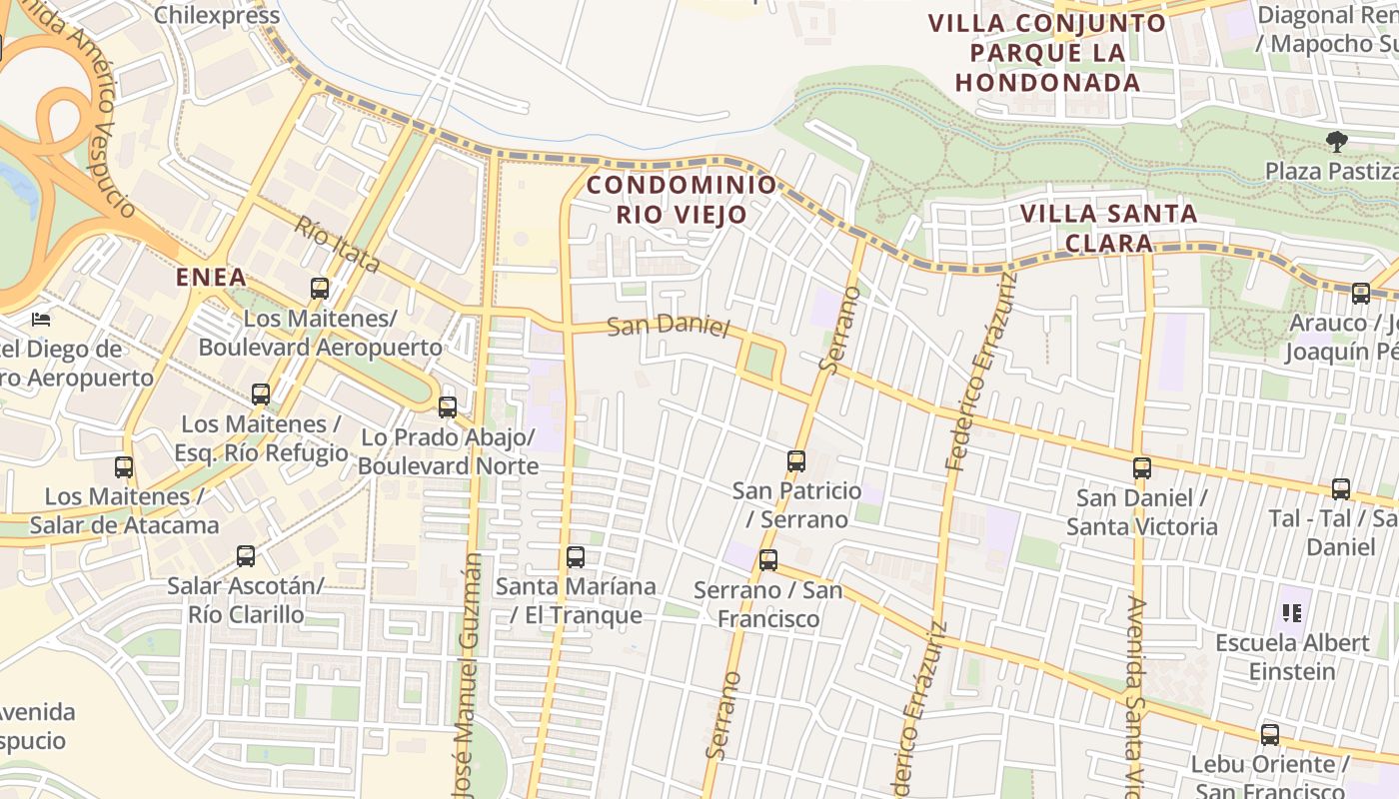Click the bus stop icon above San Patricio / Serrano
[795, 460]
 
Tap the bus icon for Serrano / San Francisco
[767, 560]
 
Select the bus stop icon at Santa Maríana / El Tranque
[576, 557]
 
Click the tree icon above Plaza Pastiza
[1336, 142]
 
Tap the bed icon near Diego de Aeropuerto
[41, 319]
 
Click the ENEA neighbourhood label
[211, 277]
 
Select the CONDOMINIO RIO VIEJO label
[682, 199]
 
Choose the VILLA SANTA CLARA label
[1108, 228]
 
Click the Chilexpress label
[217, 15]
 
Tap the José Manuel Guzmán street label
[468, 679]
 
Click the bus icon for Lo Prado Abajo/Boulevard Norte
[447, 406]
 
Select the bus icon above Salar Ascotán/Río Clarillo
[245, 555]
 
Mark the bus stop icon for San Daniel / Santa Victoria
[1141, 467]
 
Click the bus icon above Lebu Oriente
[1269, 735]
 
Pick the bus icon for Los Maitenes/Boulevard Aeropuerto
[320, 289]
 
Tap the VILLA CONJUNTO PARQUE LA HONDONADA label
[1047, 52]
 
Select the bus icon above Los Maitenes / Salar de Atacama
[124, 466]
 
